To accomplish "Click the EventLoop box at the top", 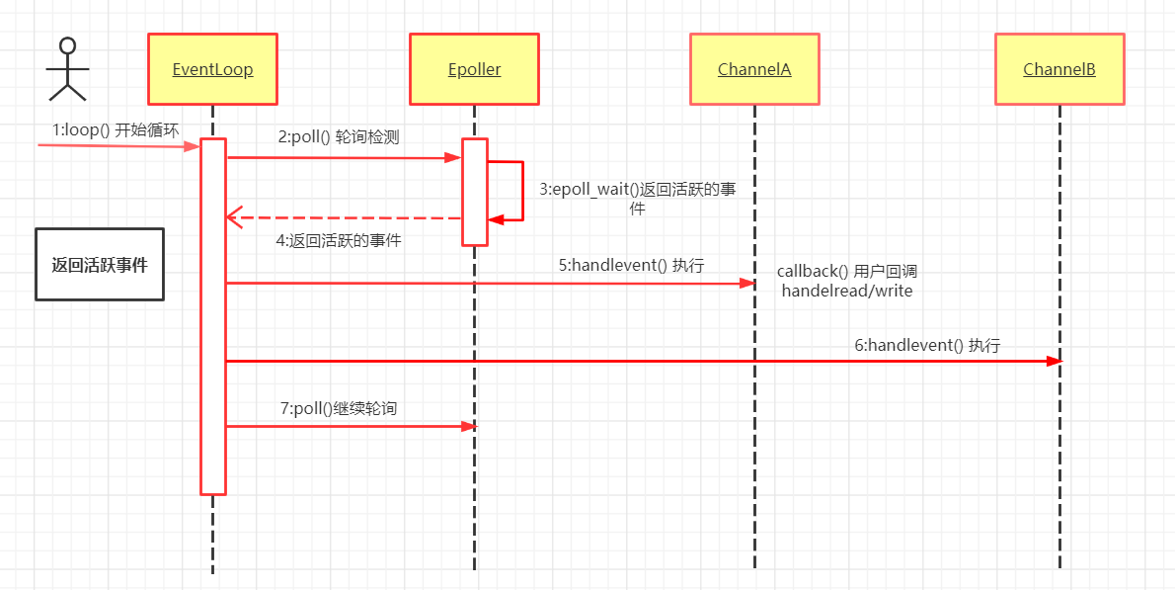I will pyautogui.click(x=212, y=69).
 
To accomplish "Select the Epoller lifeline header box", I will pyautogui.click(x=474, y=69).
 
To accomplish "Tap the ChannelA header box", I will pyautogui.click(x=754, y=69).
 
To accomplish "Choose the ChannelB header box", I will pyautogui.click(x=1059, y=69).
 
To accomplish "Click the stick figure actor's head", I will pyautogui.click(x=67, y=46).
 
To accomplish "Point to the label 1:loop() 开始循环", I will pyautogui.click(x=116, y=129).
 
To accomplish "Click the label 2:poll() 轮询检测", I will pyautogui.click(x=339, y=137).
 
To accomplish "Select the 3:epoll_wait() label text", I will pyautogui.click(x=637, y=190).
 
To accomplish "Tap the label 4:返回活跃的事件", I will pyautogui.click(x=339, y=239).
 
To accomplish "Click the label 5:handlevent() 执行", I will pyautogui.click(x=631, y=265).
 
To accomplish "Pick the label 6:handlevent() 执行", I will pyautogui.click(x=927, y=345).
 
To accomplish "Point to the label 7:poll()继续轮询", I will pyautogui.click(x=339, y=407).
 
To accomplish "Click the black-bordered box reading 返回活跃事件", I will pyautogui.click(x=100, y=265).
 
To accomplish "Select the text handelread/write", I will pyautogui.click(x=847, y=291).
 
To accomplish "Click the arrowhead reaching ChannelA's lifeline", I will pyautogui.click(x=747, y=284).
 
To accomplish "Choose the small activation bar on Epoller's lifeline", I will pyautogui.click(x=475, y=191).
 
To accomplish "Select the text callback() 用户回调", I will pyautogui.click(x=847, y=271).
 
